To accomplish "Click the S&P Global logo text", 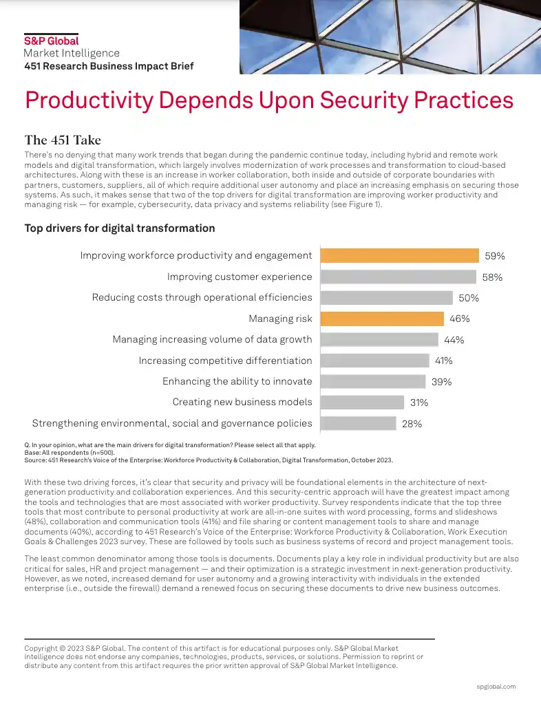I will point(52,41).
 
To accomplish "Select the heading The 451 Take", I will point(63,140).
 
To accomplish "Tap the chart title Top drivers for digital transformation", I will point(120,228).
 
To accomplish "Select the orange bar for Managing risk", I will point(383,319).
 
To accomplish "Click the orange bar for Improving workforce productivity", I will point(400,255).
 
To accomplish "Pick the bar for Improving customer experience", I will point(399,277).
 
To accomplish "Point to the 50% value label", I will point(469,298).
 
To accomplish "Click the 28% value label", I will point(412,424).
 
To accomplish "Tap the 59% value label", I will point(494,256).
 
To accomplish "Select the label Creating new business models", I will point(242,402).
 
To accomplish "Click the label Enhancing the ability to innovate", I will point(237,381).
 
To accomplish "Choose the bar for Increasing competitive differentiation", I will point(375,361).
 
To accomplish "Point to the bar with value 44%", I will point(379,339).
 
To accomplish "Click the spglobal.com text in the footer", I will point(496,687).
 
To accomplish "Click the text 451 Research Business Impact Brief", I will point(109,67).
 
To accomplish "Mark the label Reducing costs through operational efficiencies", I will point(202,297).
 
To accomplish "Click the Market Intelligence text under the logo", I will point(72,53).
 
